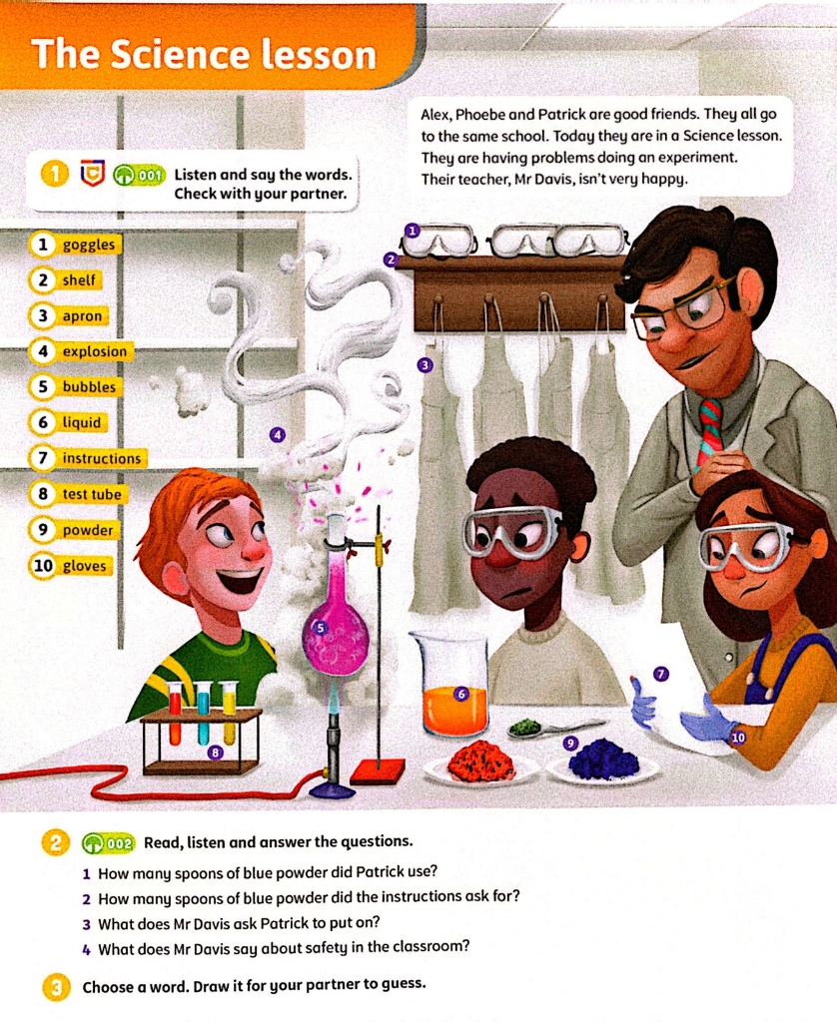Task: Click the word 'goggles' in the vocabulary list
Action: tap(88, 246)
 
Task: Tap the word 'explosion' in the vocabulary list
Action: tap(95, 352)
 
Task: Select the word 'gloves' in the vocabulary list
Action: tap(84, 566)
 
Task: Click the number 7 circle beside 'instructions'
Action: tap(43, 458)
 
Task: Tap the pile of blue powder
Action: tap(603, 759)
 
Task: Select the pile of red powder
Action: tap(481, 761)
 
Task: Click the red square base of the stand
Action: tap(379, 771)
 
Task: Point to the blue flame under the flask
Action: tap(334, 700)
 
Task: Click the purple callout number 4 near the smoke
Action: tap(278, 435)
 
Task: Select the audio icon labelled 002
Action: tap(108, 843)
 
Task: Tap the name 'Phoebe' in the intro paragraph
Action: tap(479, 115)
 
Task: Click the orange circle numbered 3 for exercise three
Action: tap(56, 987)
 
